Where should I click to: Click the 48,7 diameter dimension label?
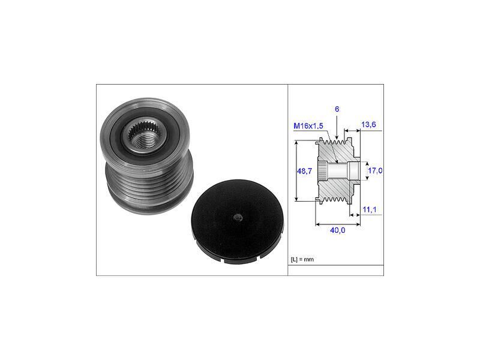(x=304, y=171)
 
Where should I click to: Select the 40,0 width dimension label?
(x=338, y=230)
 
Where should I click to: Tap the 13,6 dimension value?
(x=368, y=125)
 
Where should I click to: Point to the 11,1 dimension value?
(x=370, y=209)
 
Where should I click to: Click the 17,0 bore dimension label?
(x=375, y=170)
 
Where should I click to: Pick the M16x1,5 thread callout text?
(x=308, y=126)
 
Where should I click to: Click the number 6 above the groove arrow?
(x=337, y=109)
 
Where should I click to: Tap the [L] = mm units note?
(x=302, y=260)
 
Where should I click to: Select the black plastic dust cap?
(x=237, y=221)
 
